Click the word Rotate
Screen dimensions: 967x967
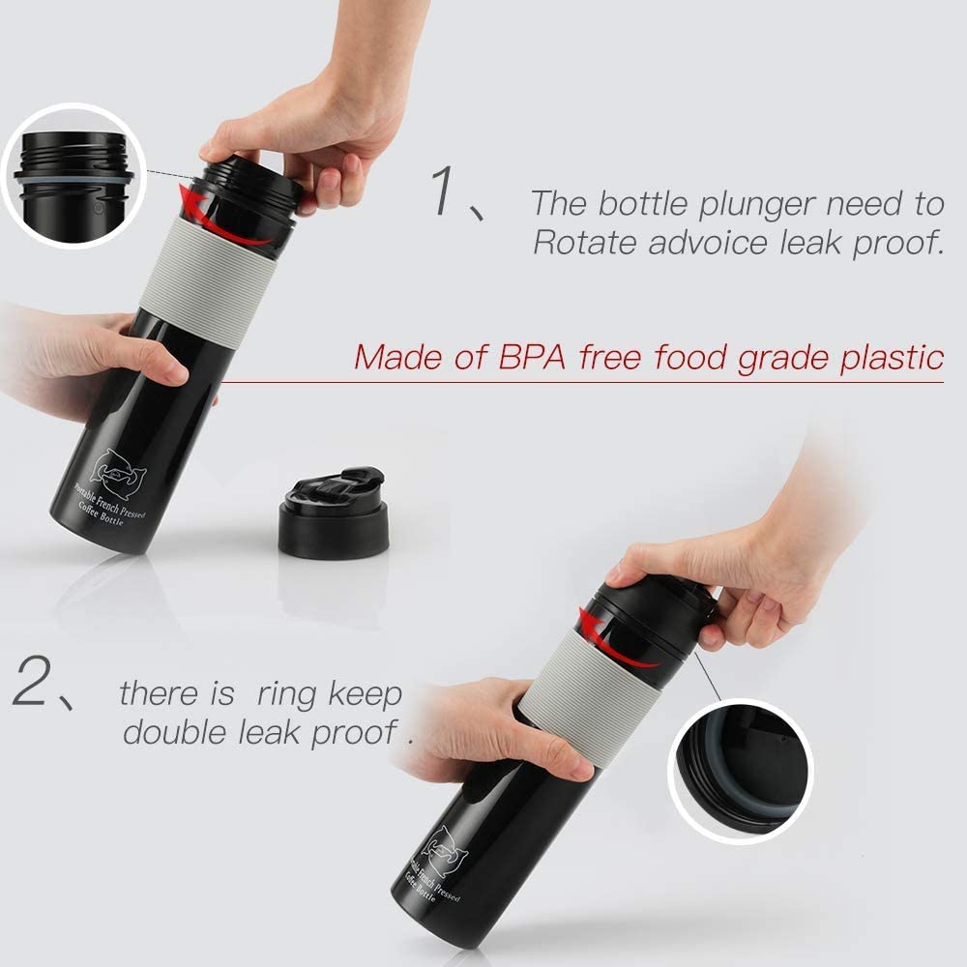pos(586,242)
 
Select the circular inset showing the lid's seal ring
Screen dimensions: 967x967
pos(740,765)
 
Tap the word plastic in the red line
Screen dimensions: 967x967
pos(889,357)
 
